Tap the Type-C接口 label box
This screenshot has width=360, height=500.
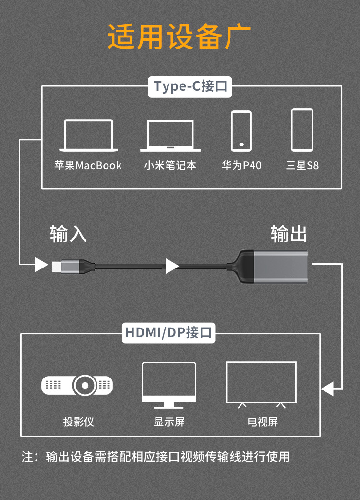coord(191,86)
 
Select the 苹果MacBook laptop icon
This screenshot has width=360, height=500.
coord(88,136)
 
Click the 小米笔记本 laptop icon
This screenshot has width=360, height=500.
coord(170,136)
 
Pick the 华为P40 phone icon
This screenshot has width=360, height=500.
coord(241,131)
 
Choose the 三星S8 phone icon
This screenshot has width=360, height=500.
coord(302,130)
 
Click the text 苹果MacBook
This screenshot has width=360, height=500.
coord(88,166)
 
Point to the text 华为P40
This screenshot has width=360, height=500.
coord(241,166)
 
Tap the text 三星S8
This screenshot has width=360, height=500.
coord(302,166)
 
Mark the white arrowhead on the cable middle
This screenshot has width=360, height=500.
coord(172,266)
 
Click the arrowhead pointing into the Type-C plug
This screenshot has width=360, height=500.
coord(41,264)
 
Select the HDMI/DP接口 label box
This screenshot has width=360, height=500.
coord(168,332)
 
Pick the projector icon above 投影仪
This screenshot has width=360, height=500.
coord(77,385)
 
